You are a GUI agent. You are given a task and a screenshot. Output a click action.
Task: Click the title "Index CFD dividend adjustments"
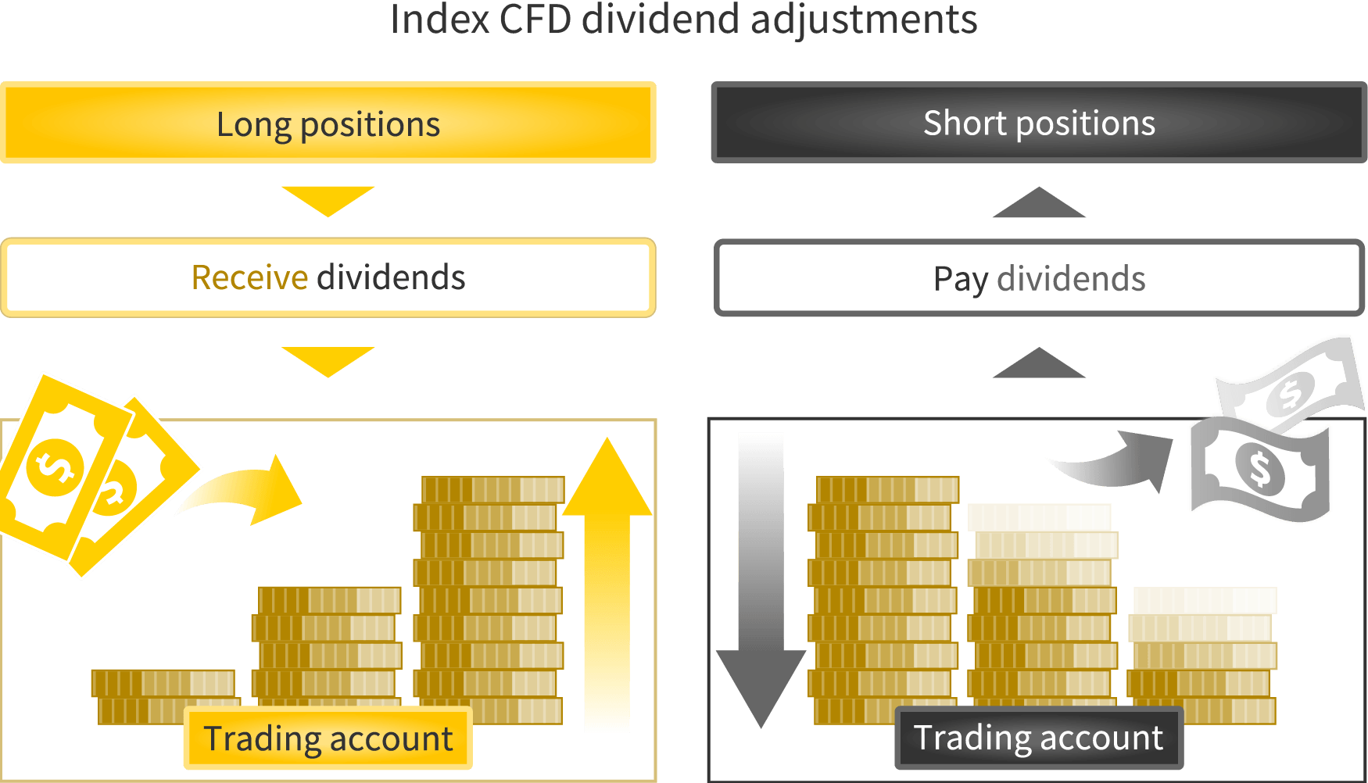point(683,20)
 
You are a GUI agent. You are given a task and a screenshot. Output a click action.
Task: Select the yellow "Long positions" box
point(328,123)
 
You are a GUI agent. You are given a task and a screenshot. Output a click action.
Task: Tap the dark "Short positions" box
point(1039,123)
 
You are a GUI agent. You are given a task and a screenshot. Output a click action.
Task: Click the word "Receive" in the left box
point(250,277)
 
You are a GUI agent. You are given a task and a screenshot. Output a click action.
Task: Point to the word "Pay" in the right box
point(961,280)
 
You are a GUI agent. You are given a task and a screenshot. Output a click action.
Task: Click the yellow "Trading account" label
point(328,738)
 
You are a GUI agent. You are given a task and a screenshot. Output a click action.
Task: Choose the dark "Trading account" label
point(1039,738)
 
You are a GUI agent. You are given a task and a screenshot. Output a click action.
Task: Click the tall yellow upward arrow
point(607,582)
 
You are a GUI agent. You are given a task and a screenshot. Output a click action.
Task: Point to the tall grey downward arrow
point(761,582)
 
